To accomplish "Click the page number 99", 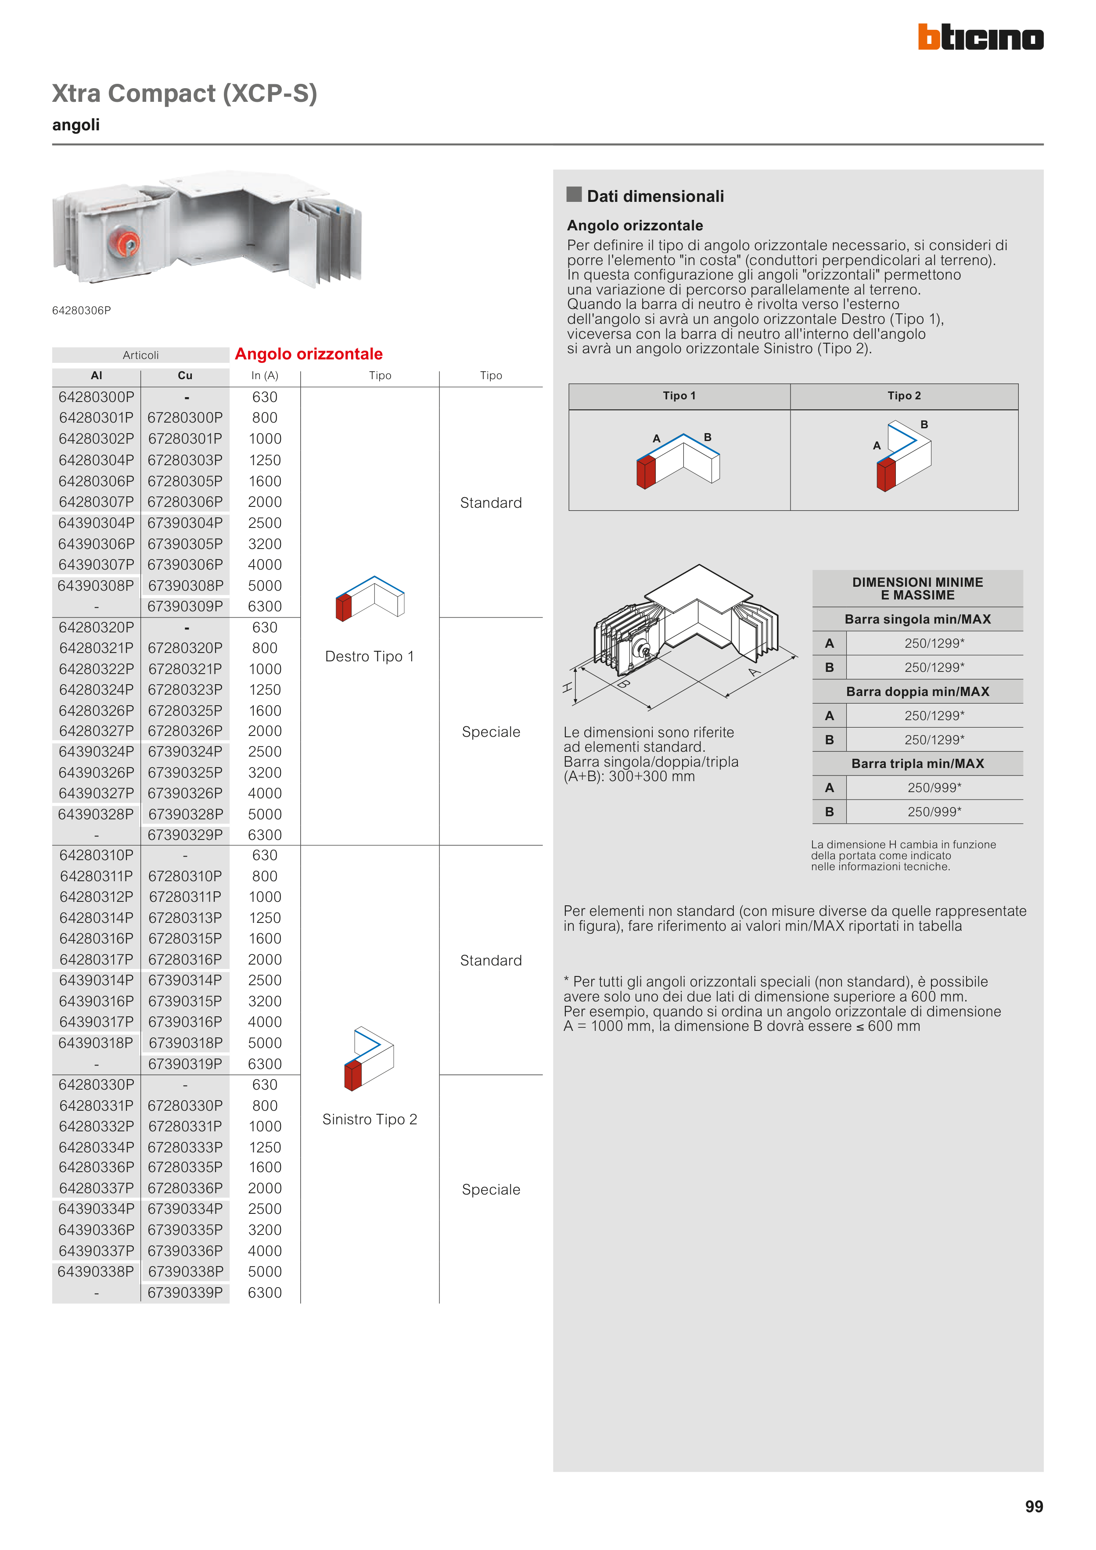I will click(x=1033, y=1506).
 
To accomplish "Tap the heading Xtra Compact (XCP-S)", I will click(x=184, y=93).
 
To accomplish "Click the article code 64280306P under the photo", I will click(x=82, y=311).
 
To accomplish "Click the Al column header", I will click(x=97, y=375).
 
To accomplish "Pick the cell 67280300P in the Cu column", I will click(x=185, y=418).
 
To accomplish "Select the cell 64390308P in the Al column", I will click(x=96, y=585).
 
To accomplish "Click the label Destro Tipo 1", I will click(x=370, y=656).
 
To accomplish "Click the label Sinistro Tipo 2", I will click(x=370, y=1119).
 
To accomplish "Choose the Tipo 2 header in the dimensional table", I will click(x=904, y=395).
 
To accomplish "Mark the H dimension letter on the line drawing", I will click(x=567, y=687).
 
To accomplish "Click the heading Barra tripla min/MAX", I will click(x=917, y=764).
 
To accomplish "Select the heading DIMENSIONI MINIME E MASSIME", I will click(x=917, y=588).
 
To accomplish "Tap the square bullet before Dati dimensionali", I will click(x=574, y=194).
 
